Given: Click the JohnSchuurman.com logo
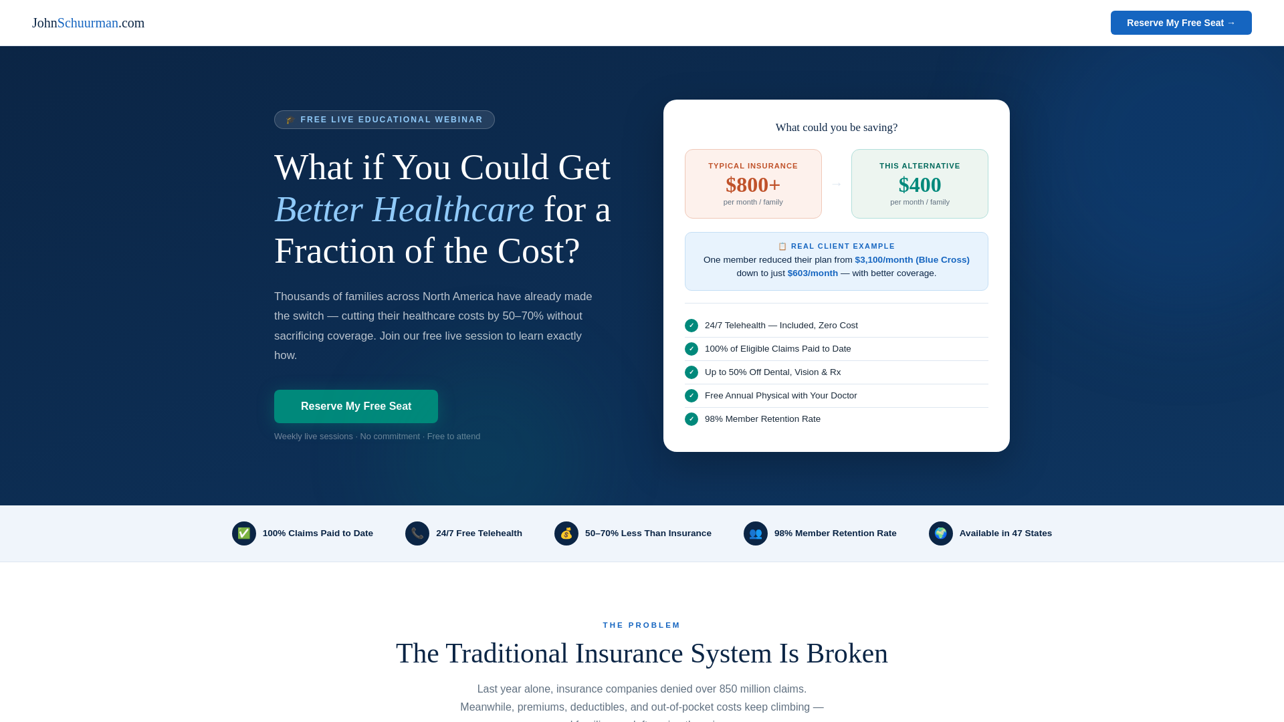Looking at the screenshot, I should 88,23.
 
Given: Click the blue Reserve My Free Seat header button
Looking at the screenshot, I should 1180,23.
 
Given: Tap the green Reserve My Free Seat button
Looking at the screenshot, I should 356,406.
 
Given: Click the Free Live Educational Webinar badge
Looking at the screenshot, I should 385,120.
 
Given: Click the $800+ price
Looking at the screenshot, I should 752,185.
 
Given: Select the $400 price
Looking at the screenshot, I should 920,185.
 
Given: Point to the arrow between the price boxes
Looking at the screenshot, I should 836,184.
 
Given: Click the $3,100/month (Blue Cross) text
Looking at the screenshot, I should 912,260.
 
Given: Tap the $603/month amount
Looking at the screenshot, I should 812,273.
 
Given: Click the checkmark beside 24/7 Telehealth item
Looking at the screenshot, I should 691,326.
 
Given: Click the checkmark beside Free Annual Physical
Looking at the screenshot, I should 691,396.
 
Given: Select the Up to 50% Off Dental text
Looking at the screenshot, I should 772,372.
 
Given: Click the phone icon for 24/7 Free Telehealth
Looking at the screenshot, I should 417,533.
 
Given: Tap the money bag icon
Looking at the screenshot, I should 566,533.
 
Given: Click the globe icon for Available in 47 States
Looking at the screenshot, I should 940,533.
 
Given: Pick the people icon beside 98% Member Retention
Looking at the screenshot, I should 755,533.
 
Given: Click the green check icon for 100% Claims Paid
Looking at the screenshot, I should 243,533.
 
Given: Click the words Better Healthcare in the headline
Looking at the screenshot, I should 404,209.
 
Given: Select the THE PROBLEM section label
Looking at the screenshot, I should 641,625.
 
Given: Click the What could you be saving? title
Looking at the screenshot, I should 836,128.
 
